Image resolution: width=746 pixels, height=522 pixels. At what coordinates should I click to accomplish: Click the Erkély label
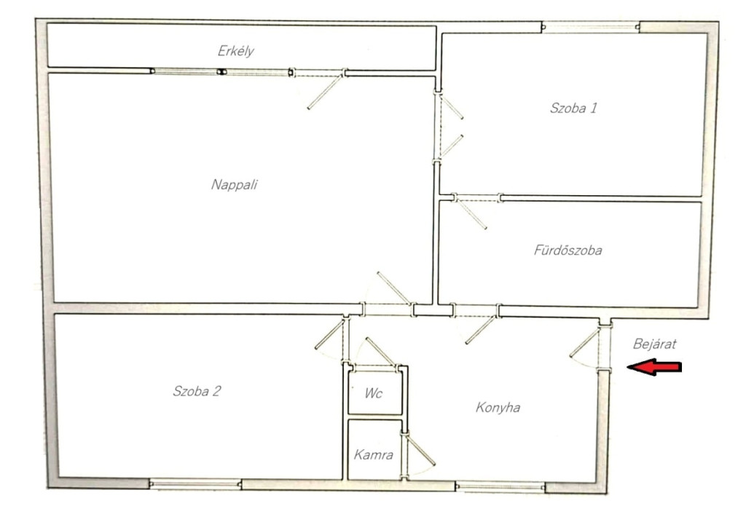[x=235, y=52]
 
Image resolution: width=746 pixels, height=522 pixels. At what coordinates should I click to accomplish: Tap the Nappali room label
[x=234, y=184]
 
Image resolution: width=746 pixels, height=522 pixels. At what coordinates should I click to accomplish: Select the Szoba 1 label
[x=573, y=108]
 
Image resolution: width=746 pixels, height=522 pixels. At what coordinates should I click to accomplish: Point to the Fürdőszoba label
[x=568, y=250]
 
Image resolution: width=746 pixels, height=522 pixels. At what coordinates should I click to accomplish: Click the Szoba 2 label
[x=197, y=391]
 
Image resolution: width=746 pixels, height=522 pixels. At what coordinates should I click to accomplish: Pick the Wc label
[x=374, y=393]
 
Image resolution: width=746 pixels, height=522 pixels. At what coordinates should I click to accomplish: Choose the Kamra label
[x=374, y=455]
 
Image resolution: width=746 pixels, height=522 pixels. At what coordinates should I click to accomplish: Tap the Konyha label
[x=498, y=408]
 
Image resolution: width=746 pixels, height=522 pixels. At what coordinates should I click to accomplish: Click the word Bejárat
[x=655, y=344]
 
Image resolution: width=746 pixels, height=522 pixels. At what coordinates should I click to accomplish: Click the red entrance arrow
[x=654, y=367]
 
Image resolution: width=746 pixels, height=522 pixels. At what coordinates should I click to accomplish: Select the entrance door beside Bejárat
[x=584, y=343]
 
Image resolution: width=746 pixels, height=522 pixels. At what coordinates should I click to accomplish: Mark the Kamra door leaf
[x=420, y=450]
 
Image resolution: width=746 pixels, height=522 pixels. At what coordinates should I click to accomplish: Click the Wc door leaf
[x=380, y=352]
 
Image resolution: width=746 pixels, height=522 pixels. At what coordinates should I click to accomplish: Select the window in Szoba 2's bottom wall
[x=195, y=484]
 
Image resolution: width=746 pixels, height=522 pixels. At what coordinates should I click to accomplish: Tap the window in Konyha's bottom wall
[x=500, y=486]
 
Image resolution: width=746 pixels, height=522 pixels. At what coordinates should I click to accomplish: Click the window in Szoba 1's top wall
[x=590, y=27]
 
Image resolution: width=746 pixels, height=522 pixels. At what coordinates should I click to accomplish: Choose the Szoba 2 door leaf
[x=329, y=335]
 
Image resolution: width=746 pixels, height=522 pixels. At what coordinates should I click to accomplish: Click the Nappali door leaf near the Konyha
[x=393, y=288]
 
